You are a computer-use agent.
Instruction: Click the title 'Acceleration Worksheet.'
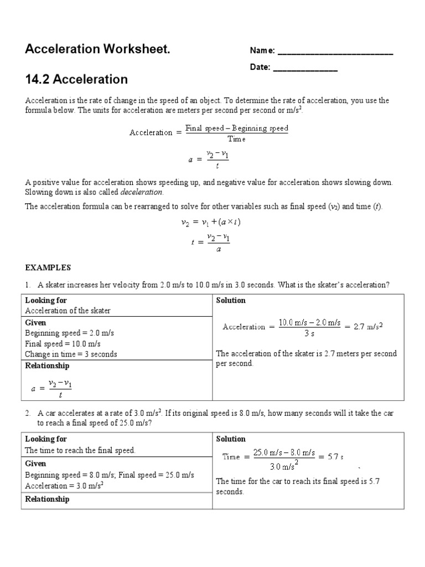(x=97, y=50)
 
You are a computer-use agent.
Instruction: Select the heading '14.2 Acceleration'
(x=76, y=79)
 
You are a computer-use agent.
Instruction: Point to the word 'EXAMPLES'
(x=48, y=267)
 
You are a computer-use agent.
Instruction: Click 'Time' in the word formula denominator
(x=236, y=139)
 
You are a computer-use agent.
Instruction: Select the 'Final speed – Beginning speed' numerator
(x=236, y=128)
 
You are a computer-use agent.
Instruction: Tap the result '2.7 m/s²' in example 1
(x=368, y=327)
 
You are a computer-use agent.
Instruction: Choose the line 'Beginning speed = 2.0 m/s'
(x=69, y=333)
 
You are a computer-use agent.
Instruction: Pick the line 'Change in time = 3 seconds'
(x=71, y=354)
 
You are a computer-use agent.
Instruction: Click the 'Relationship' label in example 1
(x=47, y=365)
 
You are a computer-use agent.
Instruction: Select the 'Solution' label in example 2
(x=231, y=439)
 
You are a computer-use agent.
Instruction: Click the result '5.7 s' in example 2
(x=335, y=457)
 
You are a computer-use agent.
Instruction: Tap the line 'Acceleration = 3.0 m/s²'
(x=65, y=486)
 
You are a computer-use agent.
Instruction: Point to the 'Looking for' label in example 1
(x=46, y=300)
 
